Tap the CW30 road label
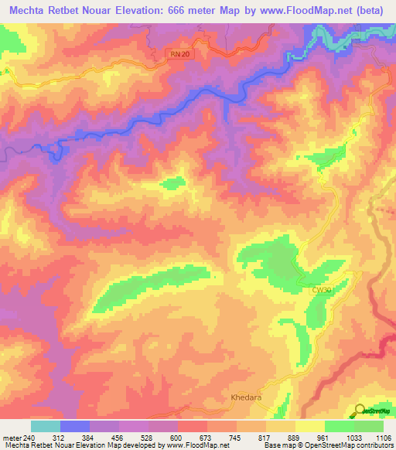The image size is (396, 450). [323, 289]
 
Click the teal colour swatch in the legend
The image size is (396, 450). [46, 426]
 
